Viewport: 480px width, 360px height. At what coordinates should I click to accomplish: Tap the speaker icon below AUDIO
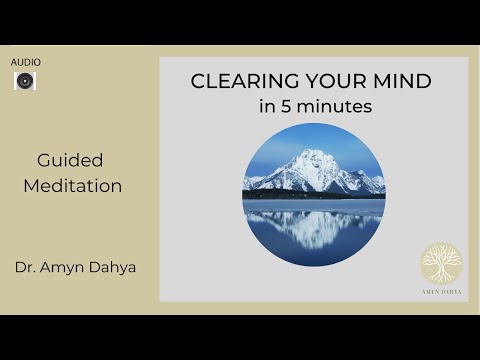tap(25, 80)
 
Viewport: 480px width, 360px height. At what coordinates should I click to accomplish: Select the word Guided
tap(70, 160)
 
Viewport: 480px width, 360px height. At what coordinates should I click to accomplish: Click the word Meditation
tap(80, 186)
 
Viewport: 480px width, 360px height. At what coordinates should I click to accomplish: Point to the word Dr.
tap(25, 267)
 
